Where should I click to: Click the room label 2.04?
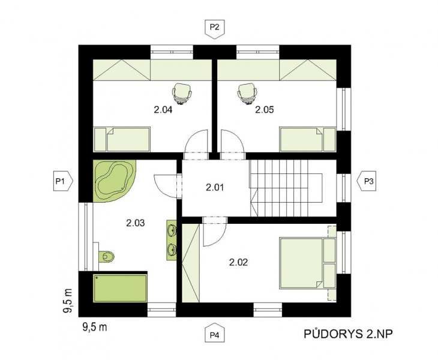click(163, 110)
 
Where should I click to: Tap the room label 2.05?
click(264, 110)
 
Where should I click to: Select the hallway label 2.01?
click(215, 187)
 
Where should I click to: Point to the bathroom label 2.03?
click(136, 223)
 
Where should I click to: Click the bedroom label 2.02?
click(238, 262)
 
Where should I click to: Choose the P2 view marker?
click(215, 29)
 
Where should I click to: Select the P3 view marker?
click(367, 181)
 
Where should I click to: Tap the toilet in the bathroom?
click(106, 256)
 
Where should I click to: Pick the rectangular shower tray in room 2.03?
click(120, 288)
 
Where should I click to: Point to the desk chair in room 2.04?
click(182, 94)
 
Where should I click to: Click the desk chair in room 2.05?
click(247, 94)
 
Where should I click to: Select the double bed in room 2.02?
click(307, 263)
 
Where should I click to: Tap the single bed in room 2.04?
click(122, 140)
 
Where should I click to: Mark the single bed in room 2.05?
click(308, 140)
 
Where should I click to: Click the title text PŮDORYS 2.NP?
click(349, 334)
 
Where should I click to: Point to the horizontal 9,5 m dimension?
click(95, 327)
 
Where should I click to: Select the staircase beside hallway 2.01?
click(286, 188)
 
